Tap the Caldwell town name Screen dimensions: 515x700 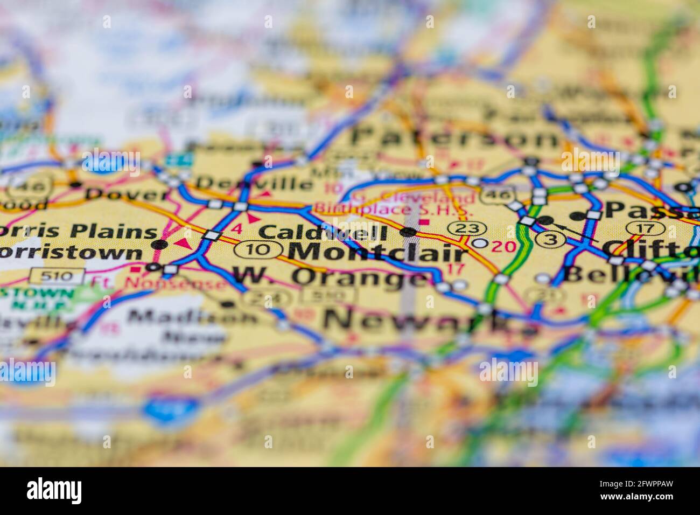tap(323, 233)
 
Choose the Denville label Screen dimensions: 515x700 tap(254, 183)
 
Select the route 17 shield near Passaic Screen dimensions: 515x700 tap(644, 228)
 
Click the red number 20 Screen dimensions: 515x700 tap(504, 247)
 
